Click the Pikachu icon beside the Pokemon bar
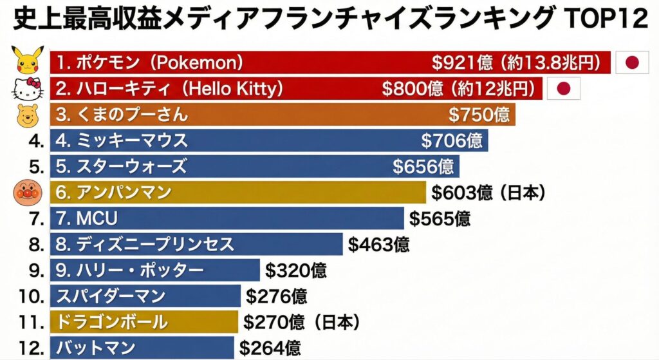[x=28, y=61]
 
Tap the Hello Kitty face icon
[x=28, y=89]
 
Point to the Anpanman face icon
[x=28, y=192]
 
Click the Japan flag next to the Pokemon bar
[x=633, y=62]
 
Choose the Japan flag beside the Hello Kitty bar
[x=564, y=89]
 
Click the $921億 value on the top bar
[x=462, y=62]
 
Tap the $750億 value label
[x=479, y=115]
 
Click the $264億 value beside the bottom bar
[x=270, y=348]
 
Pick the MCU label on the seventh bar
[x=87, y=218]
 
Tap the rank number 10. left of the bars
[x=31, y=296]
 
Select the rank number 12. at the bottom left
[x=31, y=348]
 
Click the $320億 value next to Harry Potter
[x=296, y=270]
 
